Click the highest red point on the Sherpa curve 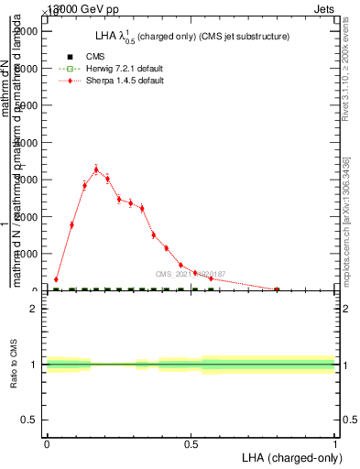[x=96, y=169]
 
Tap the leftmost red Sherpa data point [x=56, y=279]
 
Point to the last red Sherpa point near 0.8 [x=277, y=289]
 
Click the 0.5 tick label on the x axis [x=191, y=443]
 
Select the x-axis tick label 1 [x=334, y=443]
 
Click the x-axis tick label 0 [x=47, y=443]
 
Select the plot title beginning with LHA [x=192, y=37]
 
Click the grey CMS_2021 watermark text [x=191, y=274]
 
